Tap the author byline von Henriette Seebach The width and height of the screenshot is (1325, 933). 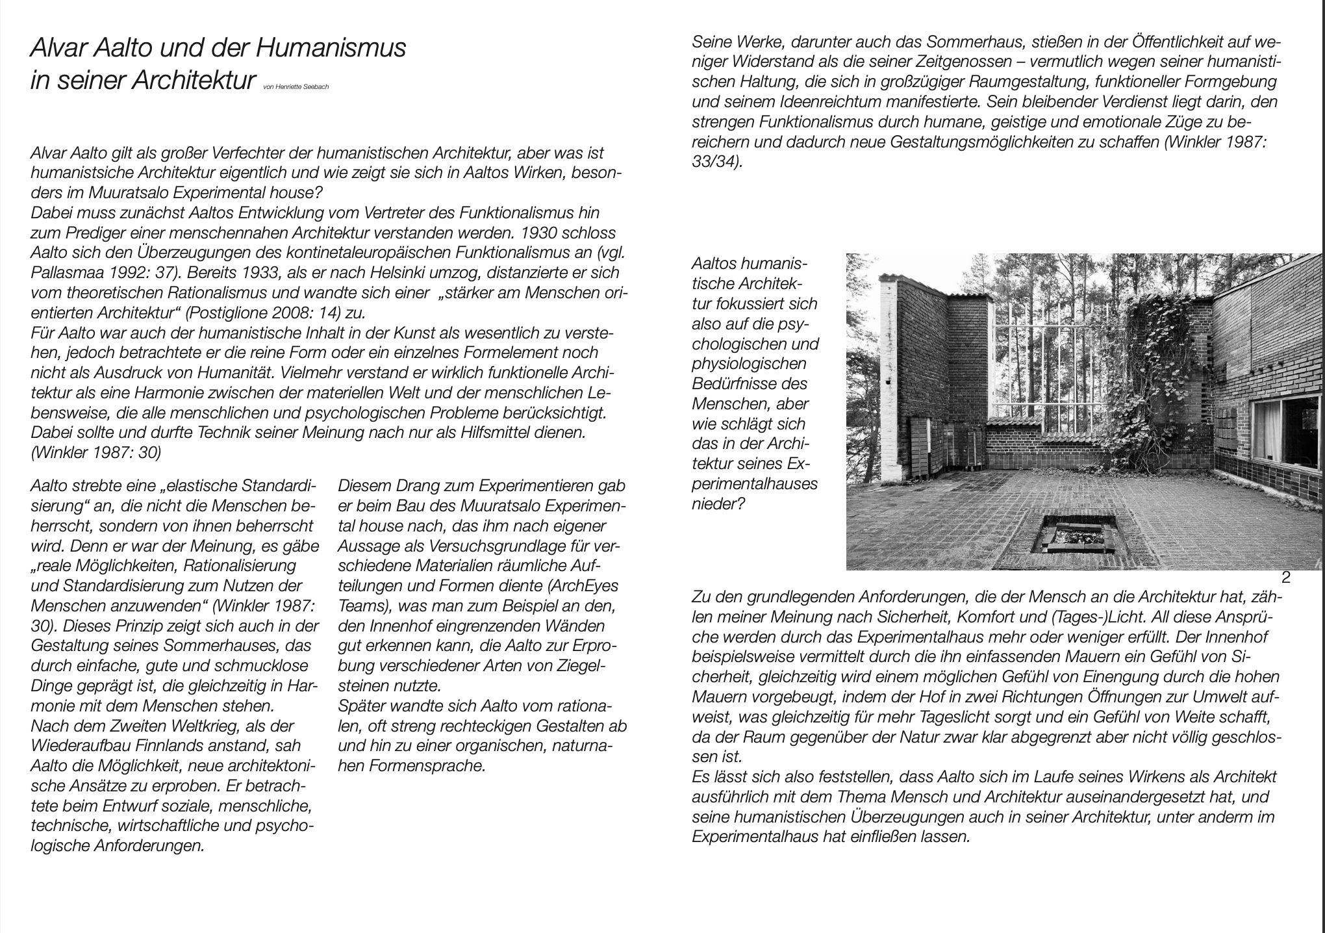[296, 87]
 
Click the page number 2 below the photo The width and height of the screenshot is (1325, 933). [1285, 578]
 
